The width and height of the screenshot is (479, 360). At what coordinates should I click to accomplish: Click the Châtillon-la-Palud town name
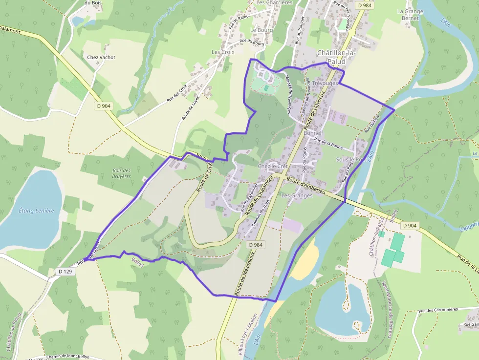click(x=337, y=57)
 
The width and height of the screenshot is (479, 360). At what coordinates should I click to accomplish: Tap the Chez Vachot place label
click(x=101, y=57)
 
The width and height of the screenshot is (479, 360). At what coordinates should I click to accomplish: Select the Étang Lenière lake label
click(x=36, y=211)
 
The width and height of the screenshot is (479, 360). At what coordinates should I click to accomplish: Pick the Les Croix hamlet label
click(x=223, y=52)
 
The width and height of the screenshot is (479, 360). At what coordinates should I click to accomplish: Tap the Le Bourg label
click(x=261, y=30)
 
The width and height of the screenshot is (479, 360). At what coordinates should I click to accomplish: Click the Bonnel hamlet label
click(x=312, y=133)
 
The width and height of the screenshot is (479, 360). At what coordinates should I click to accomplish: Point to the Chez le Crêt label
click(x=273, y=167)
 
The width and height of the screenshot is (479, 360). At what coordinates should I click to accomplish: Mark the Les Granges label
click(x=297, y=195)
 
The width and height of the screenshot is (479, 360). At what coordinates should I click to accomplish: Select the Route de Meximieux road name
click(x=244, y=274)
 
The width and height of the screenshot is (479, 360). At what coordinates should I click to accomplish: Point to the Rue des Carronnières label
click(x=437, y=310)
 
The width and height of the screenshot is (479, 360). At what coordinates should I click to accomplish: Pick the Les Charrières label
click(x=274, y=2)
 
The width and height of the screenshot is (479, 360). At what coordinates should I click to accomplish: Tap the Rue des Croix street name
click(x=176, y=92)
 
